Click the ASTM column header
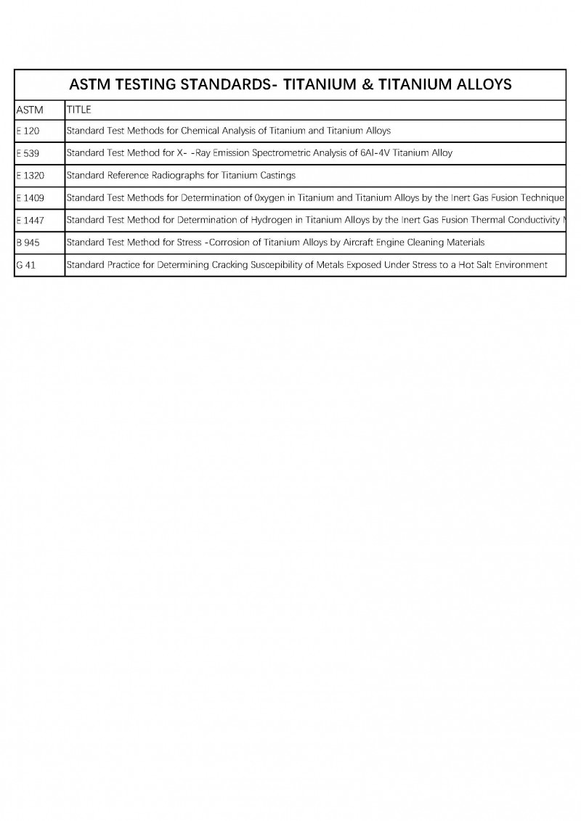(x=30, y=110)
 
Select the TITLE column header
(x=78, y=110)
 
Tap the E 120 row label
(x=28, y=131)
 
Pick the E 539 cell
(x=28, y=154)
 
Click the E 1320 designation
(x=30, y=176)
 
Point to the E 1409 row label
(x=30, y=198)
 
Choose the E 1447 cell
(x=30, y=220)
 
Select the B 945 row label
(x=28, y=242)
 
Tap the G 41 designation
(x=25, y=265)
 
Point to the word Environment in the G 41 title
(x=519, y=265)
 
